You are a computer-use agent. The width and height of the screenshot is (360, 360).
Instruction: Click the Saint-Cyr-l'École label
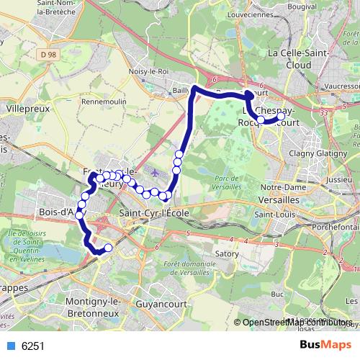click(153, 213)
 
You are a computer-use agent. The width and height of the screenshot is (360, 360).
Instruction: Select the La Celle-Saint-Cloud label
click(297, 58)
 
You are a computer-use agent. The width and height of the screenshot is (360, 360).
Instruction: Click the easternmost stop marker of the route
click(282, 116)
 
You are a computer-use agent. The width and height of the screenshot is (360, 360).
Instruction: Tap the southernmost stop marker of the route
click(109, 248)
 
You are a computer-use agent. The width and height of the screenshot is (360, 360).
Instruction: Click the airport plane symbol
click(158, 173)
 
